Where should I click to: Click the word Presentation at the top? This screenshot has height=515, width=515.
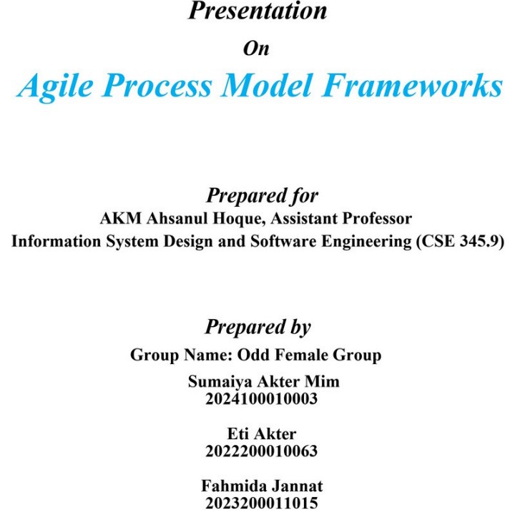pyautogui.click(x=257, y=11)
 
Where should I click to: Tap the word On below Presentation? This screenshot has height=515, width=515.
pyautogui.click(x=256, y=49)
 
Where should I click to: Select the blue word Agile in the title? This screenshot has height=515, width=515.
pyautogui.click(x=56, y=86)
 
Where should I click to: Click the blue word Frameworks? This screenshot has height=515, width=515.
pyautogui.click(x=413, y=85)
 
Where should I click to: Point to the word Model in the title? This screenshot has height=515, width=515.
pyautogui.click(x=267, y=85)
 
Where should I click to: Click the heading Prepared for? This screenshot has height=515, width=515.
pyautogui.click(x=262, y=196)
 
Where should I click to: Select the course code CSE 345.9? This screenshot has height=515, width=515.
pyautogui.click(x=460, y=242)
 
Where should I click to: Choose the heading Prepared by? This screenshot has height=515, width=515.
pyautogui.click(x=257, y=327)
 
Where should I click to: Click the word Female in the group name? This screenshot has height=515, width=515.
pyautogui.click(x=301, y=355)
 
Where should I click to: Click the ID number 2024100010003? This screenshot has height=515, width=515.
pyautogui.click(x=262, y=398)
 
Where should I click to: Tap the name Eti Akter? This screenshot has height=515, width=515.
pyautogui.click(x=262, y=433)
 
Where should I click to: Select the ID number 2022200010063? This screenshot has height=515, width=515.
pyautogui.click(x=262, y=451)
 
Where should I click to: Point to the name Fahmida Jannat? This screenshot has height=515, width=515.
pyautogui.click(x=262, y=486)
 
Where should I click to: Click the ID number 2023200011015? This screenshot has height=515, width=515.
pyautogui.click(x=262, y=503)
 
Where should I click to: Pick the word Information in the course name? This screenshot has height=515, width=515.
pyautogui.click(x=57, y=241)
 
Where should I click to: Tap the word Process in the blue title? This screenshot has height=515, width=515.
pyautogui.click(x=157, y=85)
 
